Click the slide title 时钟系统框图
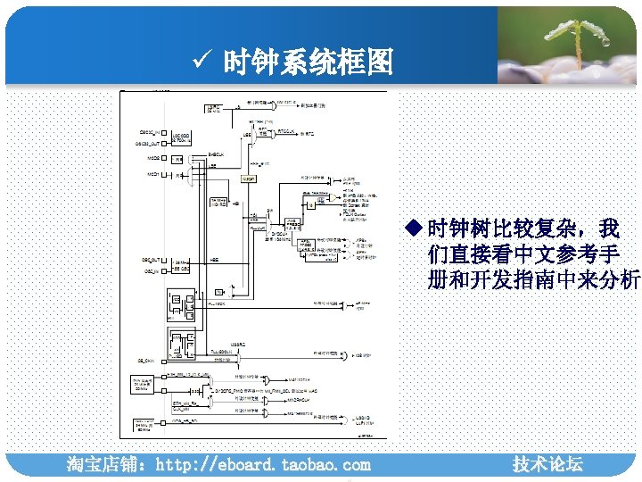click(x=307, y=62)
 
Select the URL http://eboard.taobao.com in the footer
click(x=262, y=465)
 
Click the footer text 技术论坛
click(x=547, y=464)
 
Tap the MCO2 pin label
click(x=148, y=159)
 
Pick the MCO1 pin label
click(x=148, y=175)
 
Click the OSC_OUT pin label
click(x=149, y=260)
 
